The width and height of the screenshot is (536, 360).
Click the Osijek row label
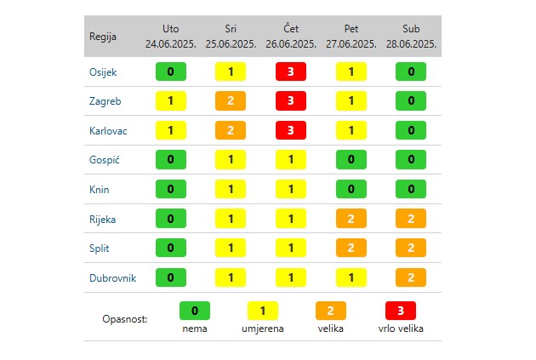point(103,71)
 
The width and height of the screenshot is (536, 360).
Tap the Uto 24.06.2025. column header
point(170,36)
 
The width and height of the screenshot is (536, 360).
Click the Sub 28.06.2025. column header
point(411,36)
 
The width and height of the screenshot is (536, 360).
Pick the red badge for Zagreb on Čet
point(291,101)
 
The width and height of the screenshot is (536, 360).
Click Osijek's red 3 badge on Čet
point(291,71)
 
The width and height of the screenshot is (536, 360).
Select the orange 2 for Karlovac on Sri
point(231,131)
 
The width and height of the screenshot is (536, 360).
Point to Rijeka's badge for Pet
point(351,219)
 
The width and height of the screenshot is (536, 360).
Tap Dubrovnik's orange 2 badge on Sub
point(411,277)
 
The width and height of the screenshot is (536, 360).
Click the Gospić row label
point(104,160)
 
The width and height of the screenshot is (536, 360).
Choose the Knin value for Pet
point(351,190)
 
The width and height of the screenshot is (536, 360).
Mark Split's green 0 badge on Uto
point(171,249)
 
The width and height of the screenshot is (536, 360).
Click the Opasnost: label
point(124,319)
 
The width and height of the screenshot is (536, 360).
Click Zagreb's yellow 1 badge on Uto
point(171,101)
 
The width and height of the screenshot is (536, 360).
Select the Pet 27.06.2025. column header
point(351,36)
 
